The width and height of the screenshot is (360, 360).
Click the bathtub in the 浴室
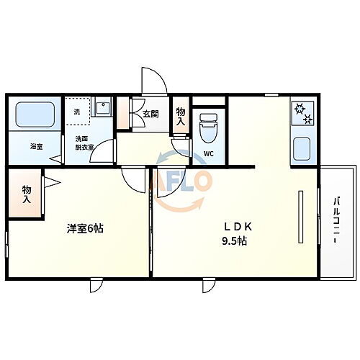(x=35, y=115)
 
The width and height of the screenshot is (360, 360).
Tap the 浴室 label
(x=36, y=146)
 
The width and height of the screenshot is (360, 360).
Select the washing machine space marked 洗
(x=78, y=112)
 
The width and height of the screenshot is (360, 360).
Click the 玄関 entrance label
(x=150, y=114)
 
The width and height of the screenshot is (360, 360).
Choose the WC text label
(x=208, y=154)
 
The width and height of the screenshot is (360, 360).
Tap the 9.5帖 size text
(x=235, y=241)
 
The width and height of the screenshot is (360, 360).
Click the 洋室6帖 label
(x=86, y=228)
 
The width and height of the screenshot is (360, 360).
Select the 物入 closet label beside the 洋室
(x=27, y=194)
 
